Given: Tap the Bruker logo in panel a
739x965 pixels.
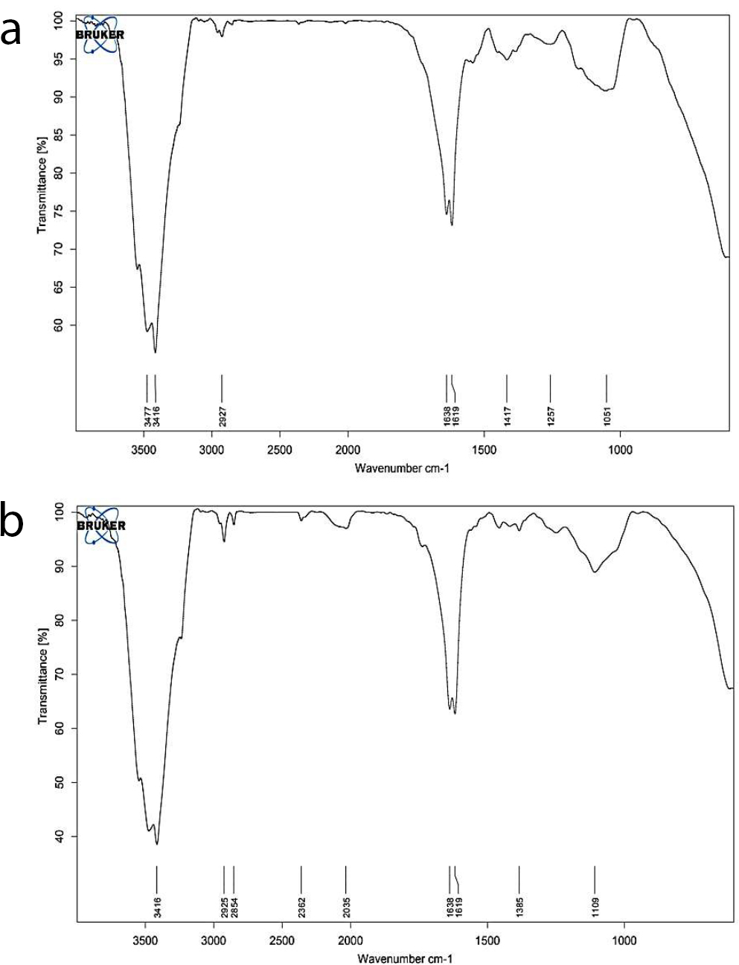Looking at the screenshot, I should [100, 34].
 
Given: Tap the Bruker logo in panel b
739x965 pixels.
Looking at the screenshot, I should [101, 525].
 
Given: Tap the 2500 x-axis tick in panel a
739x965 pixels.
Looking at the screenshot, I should [280, 450].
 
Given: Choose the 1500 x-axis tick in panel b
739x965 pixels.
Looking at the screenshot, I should [487, 940].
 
